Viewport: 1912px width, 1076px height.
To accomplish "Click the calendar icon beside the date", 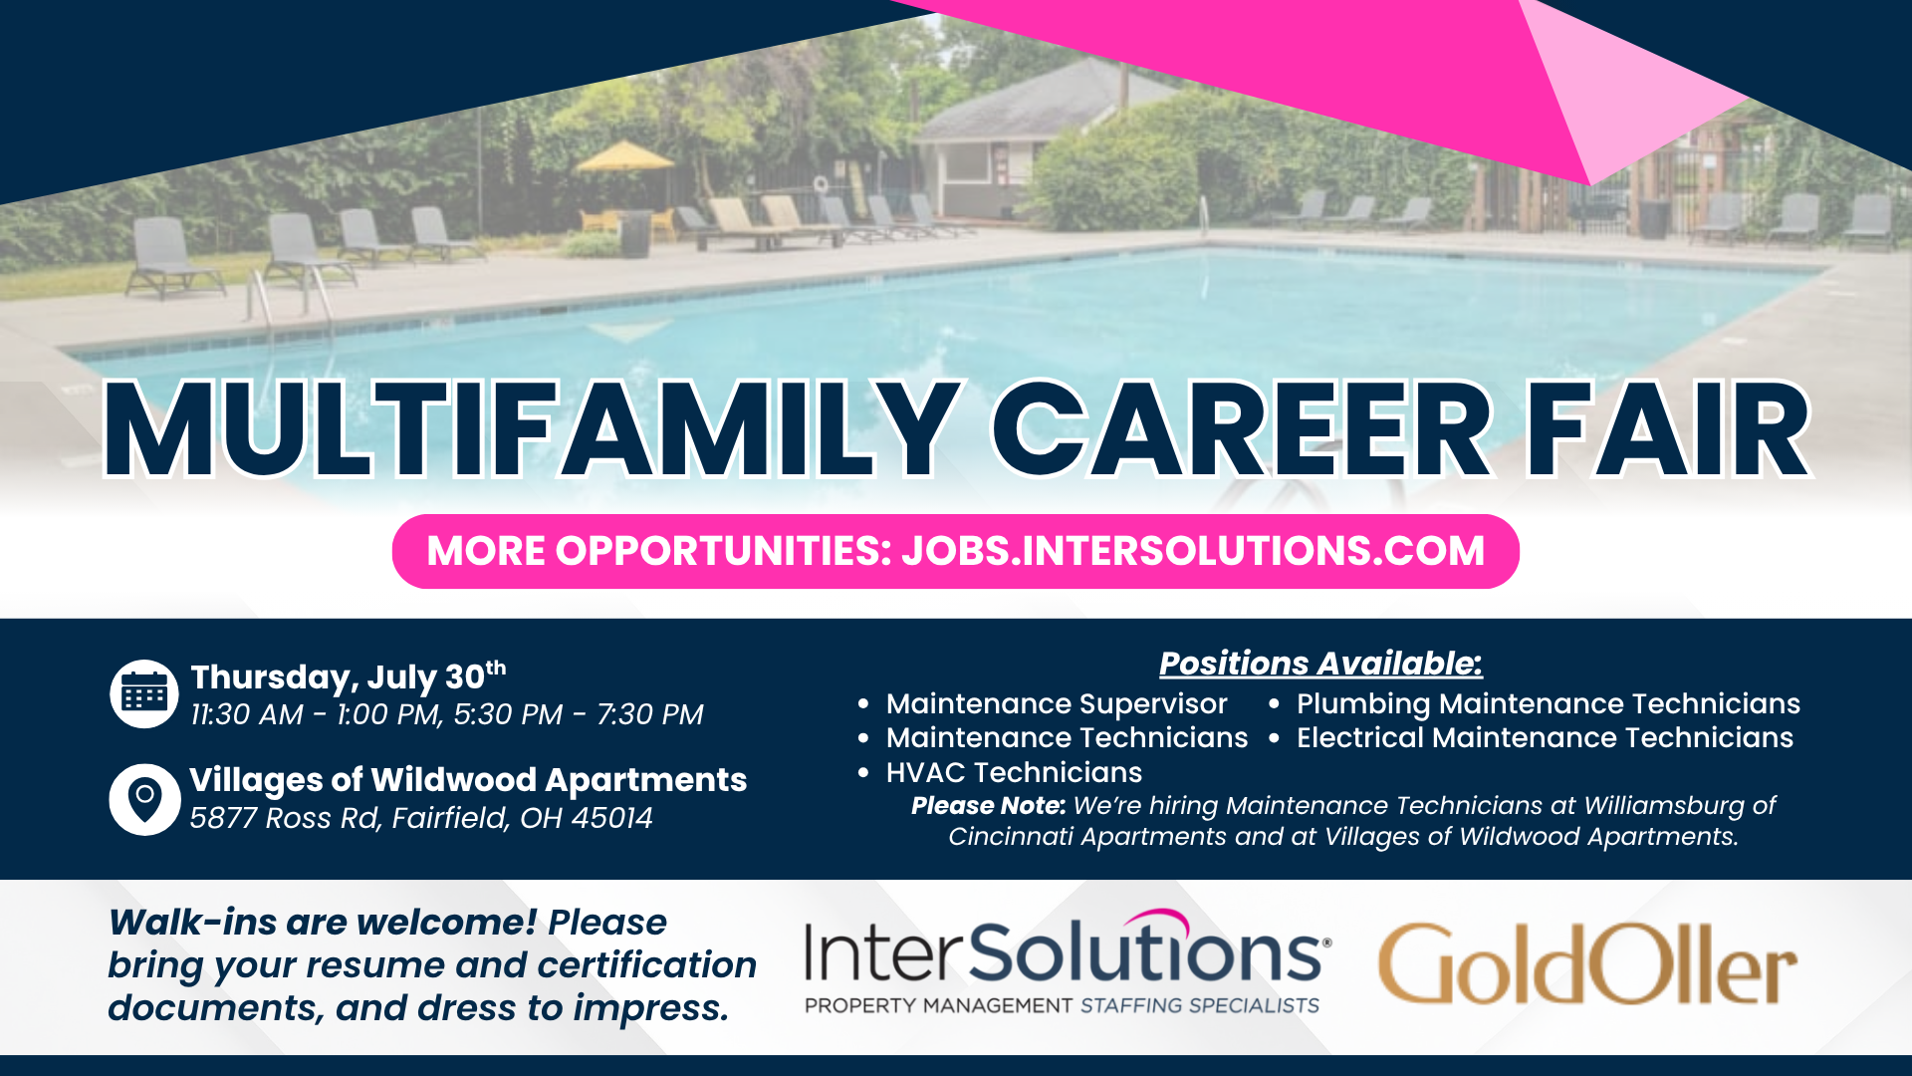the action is pyautogui.click(x=144, y=693).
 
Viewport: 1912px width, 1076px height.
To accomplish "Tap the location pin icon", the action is pyautogui.click(x=144, y=798).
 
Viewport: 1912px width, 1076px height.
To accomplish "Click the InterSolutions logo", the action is pyautogui.click(x=1067, y=962).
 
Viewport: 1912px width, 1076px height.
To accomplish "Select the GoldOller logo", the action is pyautogui.click(x=1587, y=963).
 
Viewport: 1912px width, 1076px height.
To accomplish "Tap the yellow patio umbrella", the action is pyautogui.click(x=624, y=157).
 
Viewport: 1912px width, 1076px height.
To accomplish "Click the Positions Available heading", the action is pyautogui.click(x=1320, y=664).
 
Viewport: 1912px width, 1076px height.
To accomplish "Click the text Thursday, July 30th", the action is pyautogui.click(x=349, y=676).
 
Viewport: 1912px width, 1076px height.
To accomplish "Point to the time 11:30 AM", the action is pyautogui.click(x=247, y=714).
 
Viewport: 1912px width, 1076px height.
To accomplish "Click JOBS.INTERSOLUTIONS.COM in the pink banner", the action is pyautogui.click(x=1193, y=551).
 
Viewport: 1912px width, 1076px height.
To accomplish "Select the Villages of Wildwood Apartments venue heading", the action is pyautogui.click(x=468, y=779).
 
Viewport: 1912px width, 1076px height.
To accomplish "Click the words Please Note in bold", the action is pyautogui.click(x=988, y=805).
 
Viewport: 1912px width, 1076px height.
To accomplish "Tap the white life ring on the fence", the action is pyautogui.click(x=820, y=184).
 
